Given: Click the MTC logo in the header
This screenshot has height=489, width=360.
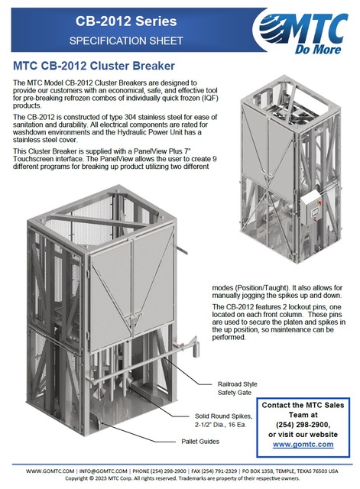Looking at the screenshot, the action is pos(302,31).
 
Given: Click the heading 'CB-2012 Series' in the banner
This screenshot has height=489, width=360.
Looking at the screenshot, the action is pos(126,21).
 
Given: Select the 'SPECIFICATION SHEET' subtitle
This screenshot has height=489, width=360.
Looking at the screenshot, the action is pos(126,40).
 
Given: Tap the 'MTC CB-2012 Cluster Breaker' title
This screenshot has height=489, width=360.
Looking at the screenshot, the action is pos(94,66).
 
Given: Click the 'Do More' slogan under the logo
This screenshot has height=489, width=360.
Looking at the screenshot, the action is pos(318,50).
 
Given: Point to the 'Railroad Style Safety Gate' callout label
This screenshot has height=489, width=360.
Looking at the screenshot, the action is pos(237,388).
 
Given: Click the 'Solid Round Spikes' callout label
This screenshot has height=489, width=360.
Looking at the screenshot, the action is pos(224,416).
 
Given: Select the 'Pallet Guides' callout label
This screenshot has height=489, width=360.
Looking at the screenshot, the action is pos(200,442).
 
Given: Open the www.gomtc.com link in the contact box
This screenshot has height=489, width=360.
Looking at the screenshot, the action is pos(303,444).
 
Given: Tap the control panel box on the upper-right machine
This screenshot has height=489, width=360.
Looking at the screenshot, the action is pos(311,208).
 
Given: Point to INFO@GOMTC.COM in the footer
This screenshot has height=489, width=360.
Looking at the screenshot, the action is pos(103,471).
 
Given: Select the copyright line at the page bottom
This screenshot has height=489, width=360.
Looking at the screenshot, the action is pos(182,478).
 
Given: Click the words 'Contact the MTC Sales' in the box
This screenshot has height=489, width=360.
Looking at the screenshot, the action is pos(303,405).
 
